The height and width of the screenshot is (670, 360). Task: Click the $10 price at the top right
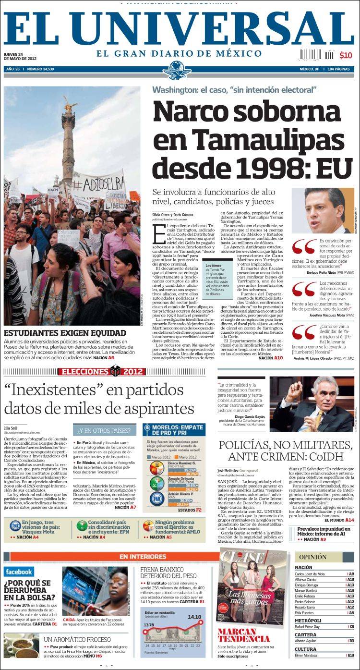tap(346, 55)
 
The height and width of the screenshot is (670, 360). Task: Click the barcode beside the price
tap(317, 54)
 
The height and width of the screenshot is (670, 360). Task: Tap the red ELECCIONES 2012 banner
tap(101, 371)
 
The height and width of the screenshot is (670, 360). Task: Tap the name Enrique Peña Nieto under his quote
tap(324, 272)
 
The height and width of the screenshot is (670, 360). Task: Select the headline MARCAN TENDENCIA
tap(243, 635)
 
